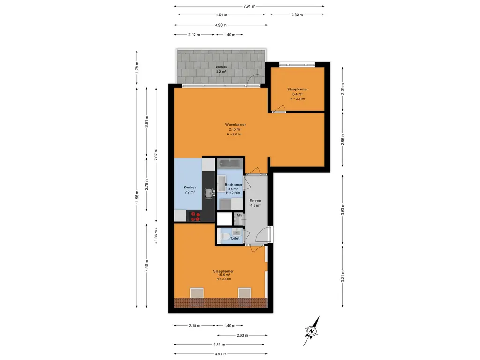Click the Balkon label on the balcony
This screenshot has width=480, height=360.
(221, 67)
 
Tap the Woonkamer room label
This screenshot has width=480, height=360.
(235, 125)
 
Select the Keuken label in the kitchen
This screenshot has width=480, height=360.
(190, 187)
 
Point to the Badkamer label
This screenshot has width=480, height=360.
(233, 185)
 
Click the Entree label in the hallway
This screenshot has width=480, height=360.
(255, 201)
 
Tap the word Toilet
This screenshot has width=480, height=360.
(234, 238)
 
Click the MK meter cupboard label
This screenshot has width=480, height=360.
(239, 215)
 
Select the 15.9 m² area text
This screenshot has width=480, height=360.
(224, 275)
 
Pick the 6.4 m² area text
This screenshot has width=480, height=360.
(298, 94)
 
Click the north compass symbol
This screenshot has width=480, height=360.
(312, 331)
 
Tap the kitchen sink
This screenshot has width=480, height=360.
(210, 193)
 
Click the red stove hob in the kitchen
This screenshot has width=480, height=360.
(195, 217)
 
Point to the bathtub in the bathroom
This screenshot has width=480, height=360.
(230, 164)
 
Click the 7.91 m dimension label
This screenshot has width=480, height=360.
(249, 6)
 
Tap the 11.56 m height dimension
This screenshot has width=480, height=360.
(137, 197)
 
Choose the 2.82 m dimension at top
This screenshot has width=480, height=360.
(297, 15)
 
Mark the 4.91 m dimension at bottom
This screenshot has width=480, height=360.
(220, 354)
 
